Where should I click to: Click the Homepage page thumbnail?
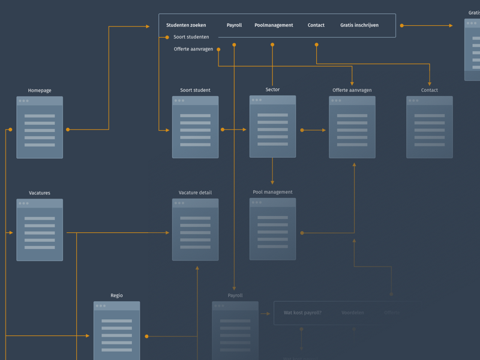[40, 127]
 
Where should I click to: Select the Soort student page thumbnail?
[195, 127]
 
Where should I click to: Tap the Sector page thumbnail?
[272, 127]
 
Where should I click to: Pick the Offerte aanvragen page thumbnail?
[352, 127]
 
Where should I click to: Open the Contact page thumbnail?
[430, 127]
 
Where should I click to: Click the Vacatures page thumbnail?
[40, 230]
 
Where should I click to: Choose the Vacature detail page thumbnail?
[195, 230]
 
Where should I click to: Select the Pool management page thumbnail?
[272, 229]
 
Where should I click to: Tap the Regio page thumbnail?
[116, 331]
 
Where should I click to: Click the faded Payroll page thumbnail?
[235, 331]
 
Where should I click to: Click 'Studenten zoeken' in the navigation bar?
[186, 25]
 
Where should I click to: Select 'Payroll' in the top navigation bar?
[234, 25]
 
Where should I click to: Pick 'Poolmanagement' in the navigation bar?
[274, 25]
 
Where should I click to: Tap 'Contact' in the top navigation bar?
[316, 25]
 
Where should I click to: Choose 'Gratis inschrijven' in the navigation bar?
[359, 25]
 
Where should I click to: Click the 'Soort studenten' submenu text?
[191, 37]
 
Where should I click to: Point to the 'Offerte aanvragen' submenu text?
[193, 49]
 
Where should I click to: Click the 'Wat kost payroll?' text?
[302, 313]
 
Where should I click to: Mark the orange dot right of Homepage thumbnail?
[68, 130]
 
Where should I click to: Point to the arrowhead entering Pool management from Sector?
[272, 182]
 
